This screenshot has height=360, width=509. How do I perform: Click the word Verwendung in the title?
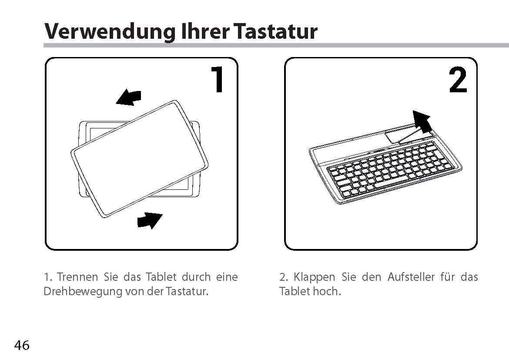pos(109,32)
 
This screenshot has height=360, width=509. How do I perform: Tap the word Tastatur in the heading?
pos(275,31)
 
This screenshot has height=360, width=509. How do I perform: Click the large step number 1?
pos(218,79)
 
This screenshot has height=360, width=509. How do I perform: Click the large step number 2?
pos(458,80)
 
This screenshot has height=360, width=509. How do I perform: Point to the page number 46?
pos(22,345)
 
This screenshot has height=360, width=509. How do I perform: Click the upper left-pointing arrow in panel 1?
pos(128,98)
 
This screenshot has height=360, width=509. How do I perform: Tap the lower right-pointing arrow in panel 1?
pos(149,221)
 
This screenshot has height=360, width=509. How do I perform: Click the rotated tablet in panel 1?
pos(139,158)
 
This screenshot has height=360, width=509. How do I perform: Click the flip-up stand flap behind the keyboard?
pos(409,136)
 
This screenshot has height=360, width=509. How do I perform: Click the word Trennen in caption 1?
pos(77,277)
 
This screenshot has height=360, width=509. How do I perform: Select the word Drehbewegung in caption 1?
pos(83,292)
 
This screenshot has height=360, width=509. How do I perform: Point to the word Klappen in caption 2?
pos(314,277)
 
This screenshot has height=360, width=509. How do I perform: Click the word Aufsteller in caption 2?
pos(411,277)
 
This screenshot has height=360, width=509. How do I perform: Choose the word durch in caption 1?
pos(196,277)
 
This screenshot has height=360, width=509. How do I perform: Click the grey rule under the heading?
pos(276,45)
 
